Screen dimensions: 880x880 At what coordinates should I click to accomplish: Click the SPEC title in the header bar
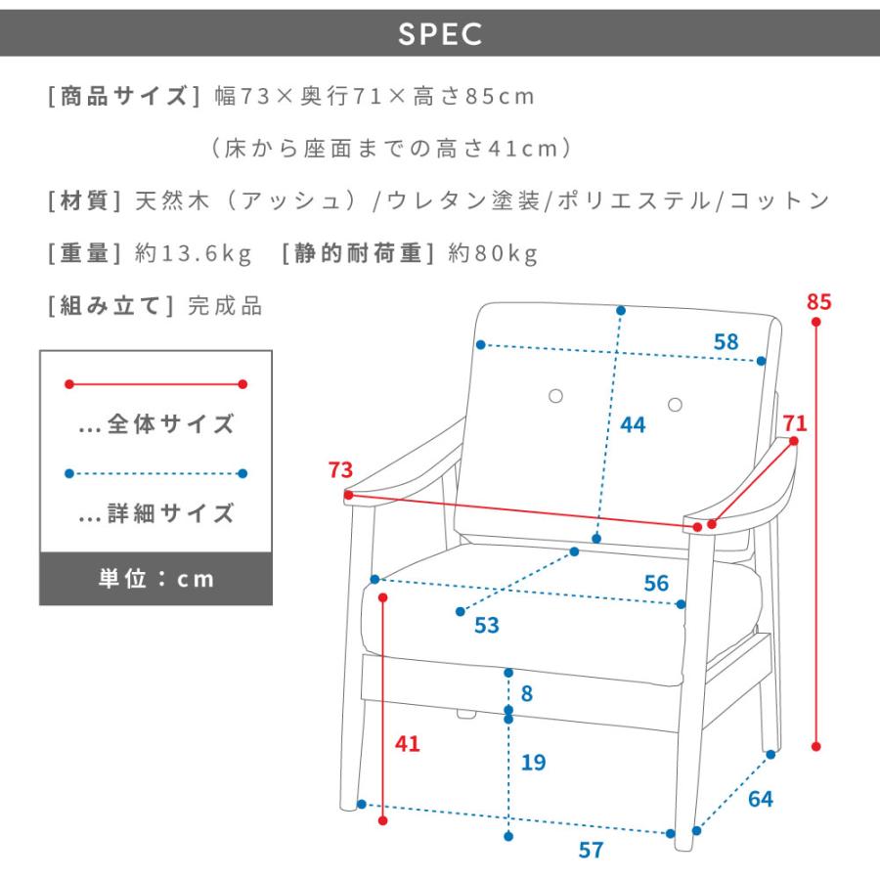(440, 33)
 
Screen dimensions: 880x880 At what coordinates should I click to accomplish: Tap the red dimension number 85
(818, 302)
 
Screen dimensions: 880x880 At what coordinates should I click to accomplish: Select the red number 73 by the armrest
(340, 469)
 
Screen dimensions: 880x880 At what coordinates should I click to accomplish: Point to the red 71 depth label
(795, 423)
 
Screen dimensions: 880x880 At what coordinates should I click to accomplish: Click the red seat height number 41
(408, 744)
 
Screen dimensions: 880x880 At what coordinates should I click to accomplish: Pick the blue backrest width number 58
(726, 342)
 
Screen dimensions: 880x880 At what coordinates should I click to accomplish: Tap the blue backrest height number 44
(633, 425)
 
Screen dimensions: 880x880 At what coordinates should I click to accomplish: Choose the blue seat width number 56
(657, 583)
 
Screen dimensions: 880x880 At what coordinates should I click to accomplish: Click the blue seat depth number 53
(487, 625)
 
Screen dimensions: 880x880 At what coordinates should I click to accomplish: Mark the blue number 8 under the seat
(526, 693)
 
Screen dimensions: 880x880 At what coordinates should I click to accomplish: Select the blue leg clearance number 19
(533, 762)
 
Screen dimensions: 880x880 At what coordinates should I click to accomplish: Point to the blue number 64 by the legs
(761, 799)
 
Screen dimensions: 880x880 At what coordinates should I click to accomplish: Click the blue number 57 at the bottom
(591, 851)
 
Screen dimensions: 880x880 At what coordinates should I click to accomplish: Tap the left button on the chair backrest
(555, 396)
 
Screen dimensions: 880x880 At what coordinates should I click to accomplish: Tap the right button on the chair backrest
(675, 405)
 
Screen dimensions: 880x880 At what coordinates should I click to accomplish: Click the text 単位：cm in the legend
(156, 579)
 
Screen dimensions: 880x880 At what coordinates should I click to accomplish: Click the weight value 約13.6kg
(193, 253)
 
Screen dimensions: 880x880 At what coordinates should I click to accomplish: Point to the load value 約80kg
(493, 253)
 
